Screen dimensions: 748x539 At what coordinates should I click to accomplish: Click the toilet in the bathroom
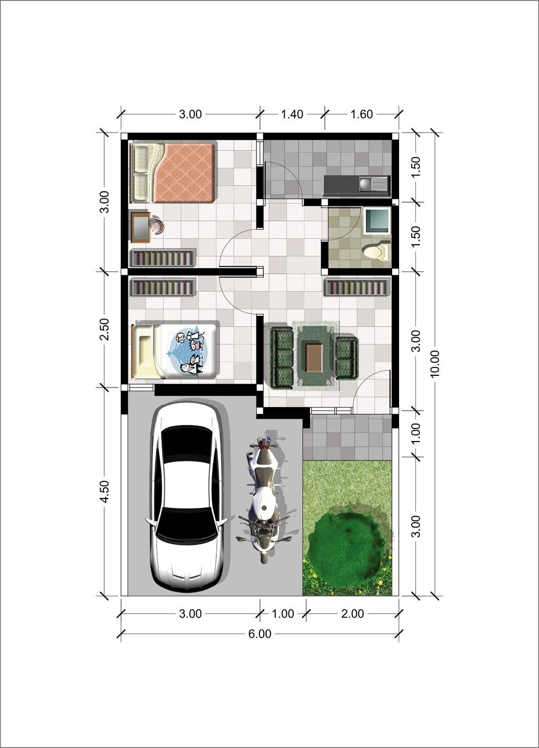(377, 251)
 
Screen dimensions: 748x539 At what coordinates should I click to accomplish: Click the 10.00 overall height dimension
(435, 363)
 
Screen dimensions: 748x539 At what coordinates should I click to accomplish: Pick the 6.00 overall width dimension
(260, 634)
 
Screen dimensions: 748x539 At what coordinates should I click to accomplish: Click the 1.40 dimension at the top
(292, 114)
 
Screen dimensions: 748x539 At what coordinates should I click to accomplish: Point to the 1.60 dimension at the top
(362, 114)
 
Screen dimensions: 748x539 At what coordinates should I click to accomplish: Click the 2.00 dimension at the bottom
(352, 614)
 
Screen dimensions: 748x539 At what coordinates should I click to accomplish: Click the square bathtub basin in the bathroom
(377, 221)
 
